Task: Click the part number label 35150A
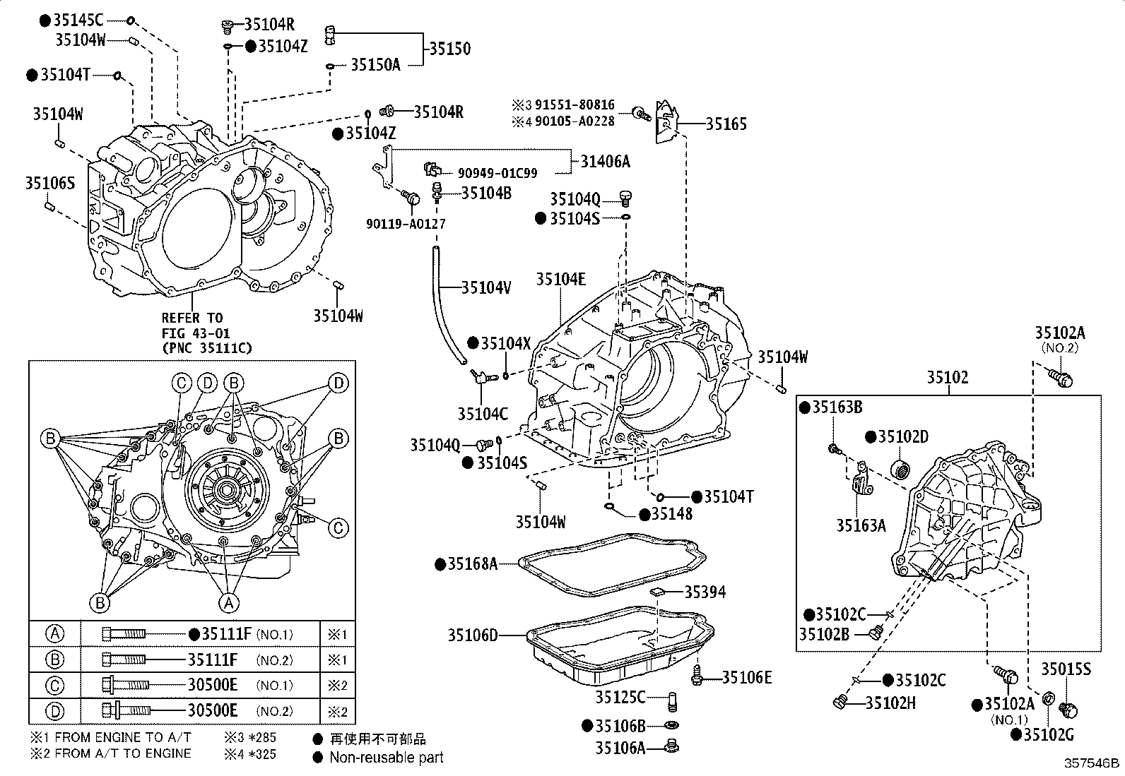tap(375, 66)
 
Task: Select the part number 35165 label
tap(726, 124)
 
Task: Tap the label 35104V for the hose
tap(486, 287)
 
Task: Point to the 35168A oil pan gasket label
tap(473, 563)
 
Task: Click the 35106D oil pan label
tap(471, 635)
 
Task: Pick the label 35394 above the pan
tap(705, 592)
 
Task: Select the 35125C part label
tap(620, 698)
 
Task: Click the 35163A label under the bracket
tap(861, 525)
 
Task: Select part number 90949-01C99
tap(497, 173)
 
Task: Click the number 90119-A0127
tap(406, 224)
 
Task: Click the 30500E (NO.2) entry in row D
tap(212, 711)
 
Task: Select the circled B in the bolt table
tap(54, 659)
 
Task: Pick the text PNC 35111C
tap(206, 347)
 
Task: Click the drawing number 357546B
tap(1092, 764)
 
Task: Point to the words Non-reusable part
tap(387, 758)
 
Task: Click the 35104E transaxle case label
tap(560, 279)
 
